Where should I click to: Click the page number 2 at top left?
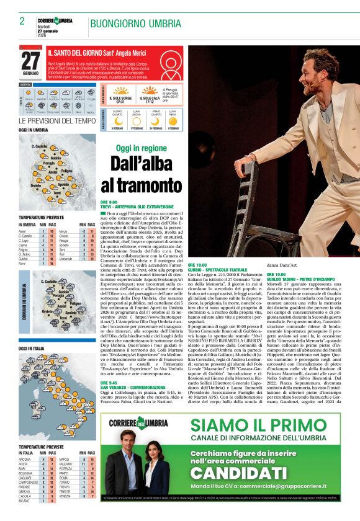click(22, 21)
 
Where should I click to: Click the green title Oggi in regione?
click(132, 149)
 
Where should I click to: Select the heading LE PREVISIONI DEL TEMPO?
click(57, 120)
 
